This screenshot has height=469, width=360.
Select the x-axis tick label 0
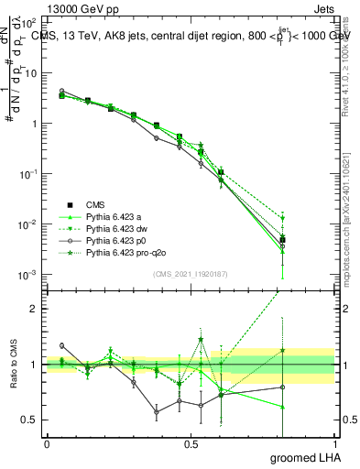coord(47,445)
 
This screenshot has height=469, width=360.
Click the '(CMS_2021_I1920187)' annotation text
coord(191,274)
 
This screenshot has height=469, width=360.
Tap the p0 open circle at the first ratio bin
coord(61,345)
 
